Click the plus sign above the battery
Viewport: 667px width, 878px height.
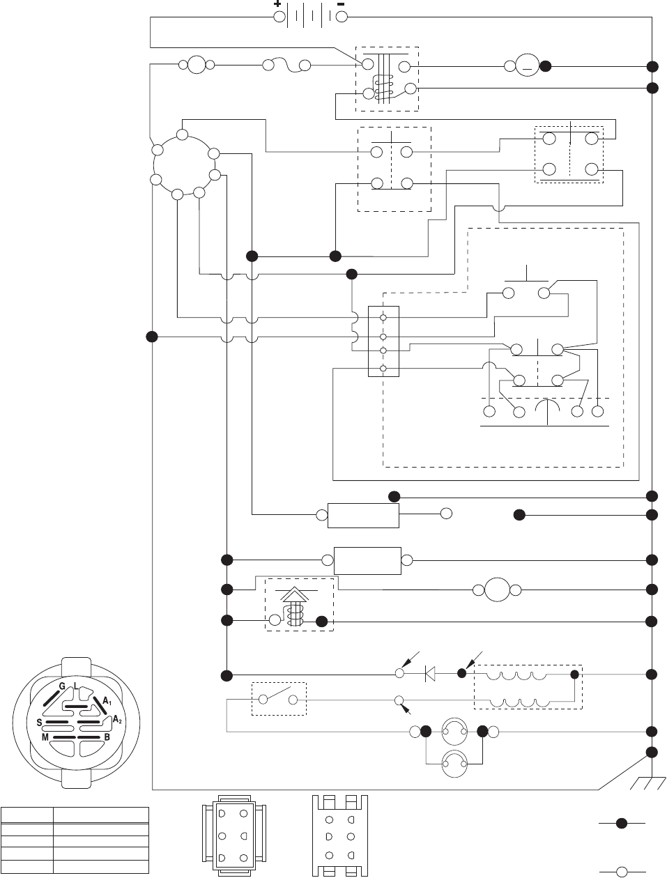point(277,4)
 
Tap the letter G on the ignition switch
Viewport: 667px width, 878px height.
point(61,686)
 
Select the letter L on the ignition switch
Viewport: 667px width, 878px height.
point(75,686)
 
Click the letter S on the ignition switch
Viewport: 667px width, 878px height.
point(39,723)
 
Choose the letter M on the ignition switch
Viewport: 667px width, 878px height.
point(44,737)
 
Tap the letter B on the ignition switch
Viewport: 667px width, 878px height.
point(107,737)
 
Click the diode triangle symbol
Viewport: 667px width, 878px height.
point(430,673)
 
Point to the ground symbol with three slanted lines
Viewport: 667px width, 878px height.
point(644,784)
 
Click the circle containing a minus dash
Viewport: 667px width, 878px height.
point(527,66)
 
